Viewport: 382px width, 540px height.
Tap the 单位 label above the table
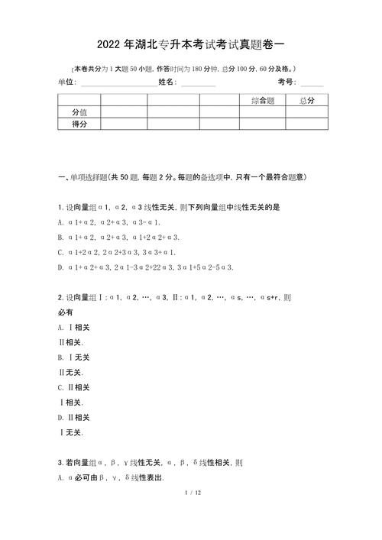click(x=66, y=82)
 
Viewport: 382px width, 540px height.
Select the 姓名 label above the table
click(x=167, y=82)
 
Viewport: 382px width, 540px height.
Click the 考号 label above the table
click(x=286, y=82)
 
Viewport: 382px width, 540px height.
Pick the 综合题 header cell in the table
click(x=262, y=100)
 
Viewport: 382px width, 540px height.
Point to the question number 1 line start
click(x=60, y=208)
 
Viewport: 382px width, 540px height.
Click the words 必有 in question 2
click(x=66, y=312)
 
